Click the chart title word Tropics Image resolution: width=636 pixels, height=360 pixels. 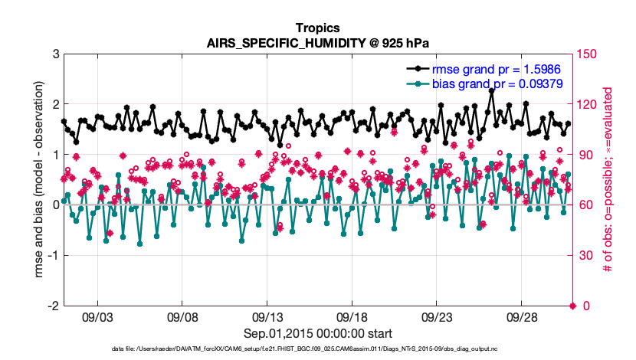pos(318,28)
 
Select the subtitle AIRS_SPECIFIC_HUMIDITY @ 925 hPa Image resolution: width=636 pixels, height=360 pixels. pos(318,42)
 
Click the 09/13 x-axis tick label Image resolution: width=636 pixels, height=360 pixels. pos(267,316)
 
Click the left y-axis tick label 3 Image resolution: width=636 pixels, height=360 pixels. pos(56,54)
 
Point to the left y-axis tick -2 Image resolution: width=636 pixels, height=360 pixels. pos(53,306)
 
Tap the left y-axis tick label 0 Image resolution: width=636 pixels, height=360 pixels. pos(56,205)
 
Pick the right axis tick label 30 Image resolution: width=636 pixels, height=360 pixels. pos(584,255)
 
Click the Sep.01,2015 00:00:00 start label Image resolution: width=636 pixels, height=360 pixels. pos(318,333)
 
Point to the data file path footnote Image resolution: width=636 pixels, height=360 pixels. pos(318,349)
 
